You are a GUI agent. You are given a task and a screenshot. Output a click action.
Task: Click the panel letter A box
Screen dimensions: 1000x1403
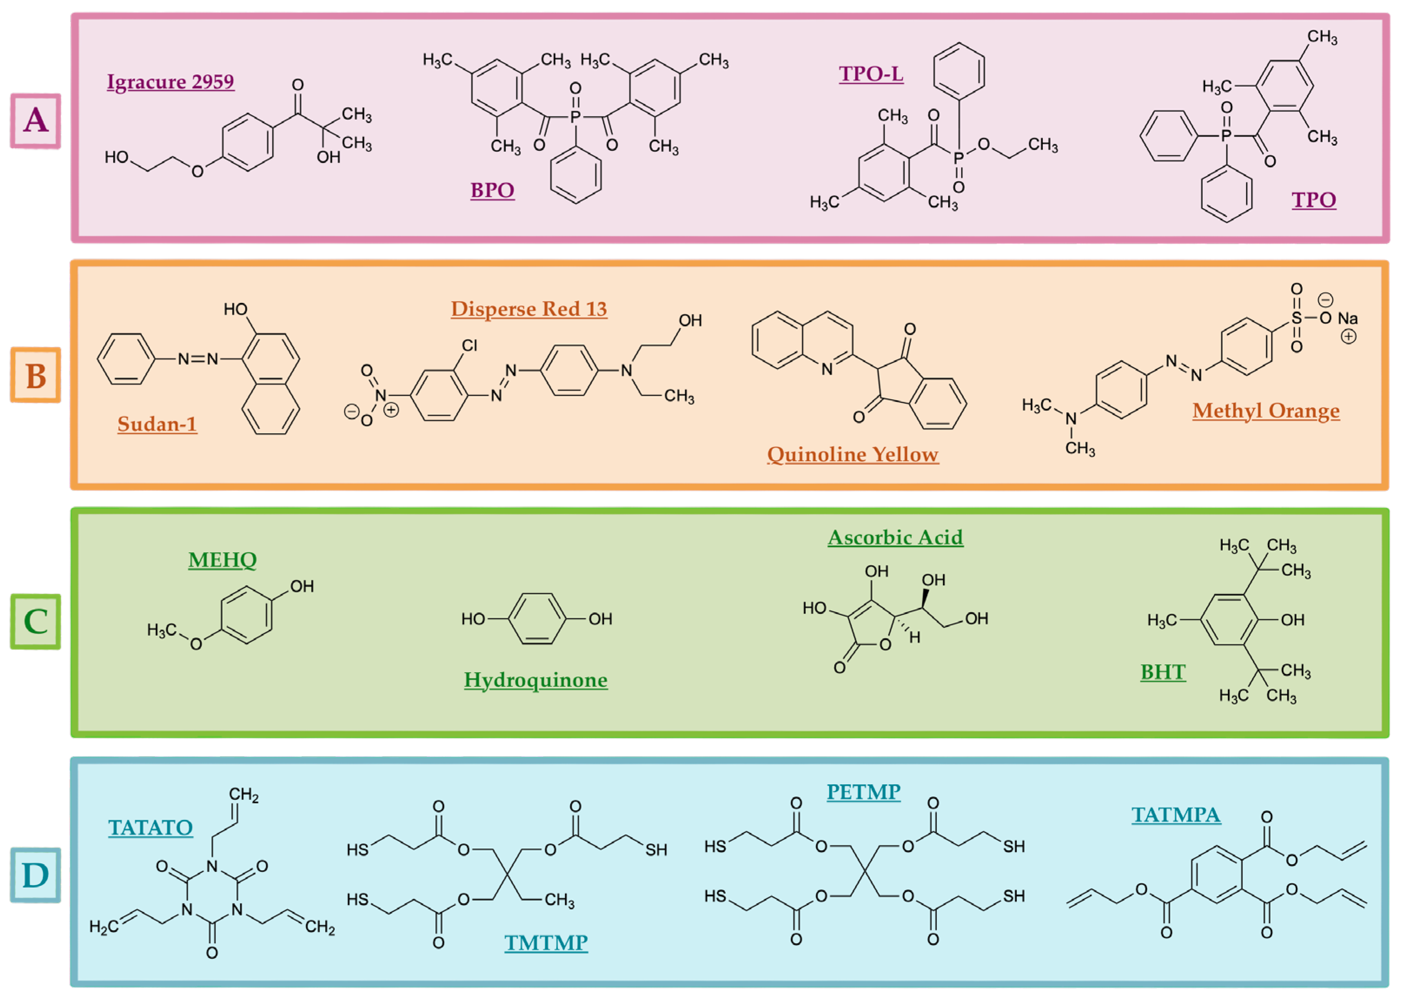[35, 121]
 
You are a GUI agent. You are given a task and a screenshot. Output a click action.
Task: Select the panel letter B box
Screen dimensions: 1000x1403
[35, 375]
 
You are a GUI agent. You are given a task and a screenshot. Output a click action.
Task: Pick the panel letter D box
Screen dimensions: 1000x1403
[35, 875]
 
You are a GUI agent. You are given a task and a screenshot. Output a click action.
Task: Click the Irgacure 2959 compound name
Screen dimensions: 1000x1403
[171, 82]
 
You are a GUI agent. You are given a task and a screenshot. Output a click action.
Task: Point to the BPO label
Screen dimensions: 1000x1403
[492, 190]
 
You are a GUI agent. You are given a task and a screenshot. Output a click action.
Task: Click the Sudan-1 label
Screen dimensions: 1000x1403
[157, 424]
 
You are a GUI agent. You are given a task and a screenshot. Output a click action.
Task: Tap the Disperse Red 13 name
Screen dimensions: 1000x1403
[529, 309]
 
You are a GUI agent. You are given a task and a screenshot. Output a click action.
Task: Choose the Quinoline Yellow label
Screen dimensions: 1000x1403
[853, 454]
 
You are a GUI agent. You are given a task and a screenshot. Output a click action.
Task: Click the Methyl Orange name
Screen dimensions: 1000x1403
[1266, 411]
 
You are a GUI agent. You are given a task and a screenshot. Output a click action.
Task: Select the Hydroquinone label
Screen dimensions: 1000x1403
[536, 680]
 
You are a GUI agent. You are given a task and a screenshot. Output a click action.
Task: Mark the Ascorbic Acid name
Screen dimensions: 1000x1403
[895, 537]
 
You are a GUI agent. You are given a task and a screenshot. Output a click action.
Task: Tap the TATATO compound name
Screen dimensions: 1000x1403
[150, 828]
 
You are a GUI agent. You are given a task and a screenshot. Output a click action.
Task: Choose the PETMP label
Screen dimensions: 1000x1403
[863, 792]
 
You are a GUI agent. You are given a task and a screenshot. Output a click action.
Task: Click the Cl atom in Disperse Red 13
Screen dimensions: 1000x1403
[470, 345]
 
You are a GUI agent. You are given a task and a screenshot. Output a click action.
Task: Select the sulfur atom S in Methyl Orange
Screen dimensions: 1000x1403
[1297, 318]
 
